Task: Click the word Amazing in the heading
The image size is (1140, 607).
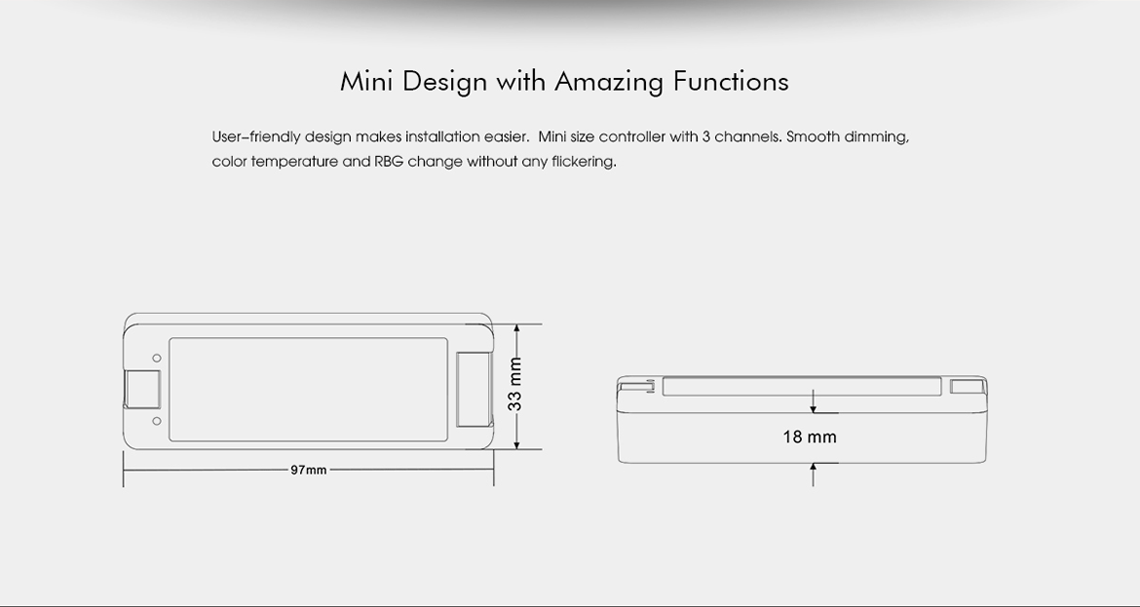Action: pyautogui.click(x=609, y=82)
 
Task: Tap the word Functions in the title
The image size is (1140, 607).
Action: pyautogui.click(x=731, y=81)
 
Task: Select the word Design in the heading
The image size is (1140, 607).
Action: pyautogui.click(x=444, y=82)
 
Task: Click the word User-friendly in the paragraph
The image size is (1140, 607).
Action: pyautogui.click(x=256, y=137)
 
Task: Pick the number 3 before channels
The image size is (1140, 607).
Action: pyautogui.click(x=706, y=136)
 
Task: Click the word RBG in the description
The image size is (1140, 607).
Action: pyautogui.click(x=389, y=162)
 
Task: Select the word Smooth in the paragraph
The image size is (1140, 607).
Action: pyautogui.click(x=813, y=136)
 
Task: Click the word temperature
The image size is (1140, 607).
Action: pyautogui.click(x=294, y=162)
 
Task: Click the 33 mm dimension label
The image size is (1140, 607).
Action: pyautogui.click(x=515, y=384)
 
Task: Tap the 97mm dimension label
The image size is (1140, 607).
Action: pyautogui.click(x=309, y=470)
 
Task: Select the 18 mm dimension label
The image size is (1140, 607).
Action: pyautogui.click(x=810, y=436)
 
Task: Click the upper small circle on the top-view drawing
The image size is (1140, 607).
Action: pyautogui.click(x=156, y=359)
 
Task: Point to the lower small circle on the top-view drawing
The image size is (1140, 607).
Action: pyautogui.click(x=156, y=421)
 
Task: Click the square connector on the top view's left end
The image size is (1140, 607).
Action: pyautogui.click(x=142, y=389)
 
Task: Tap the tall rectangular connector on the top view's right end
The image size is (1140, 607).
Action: pyautogui.click(x=475, y=389)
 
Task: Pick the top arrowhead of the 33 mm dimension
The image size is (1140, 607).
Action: pyautogui.click(x=516, y=327)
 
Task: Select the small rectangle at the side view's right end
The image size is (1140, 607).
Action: pyautogui.click(x=967, y=386)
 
